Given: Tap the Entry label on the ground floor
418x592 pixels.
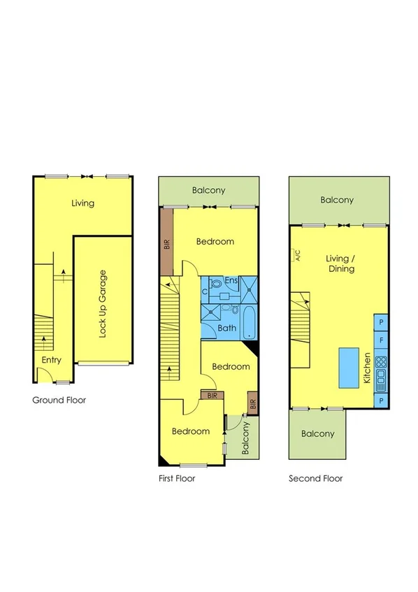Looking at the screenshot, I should pyautogui.click(x=51, y=361).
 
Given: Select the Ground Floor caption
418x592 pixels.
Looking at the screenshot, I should pyautogui.click(x=59, y=400).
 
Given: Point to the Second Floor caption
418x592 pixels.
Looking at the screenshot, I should pyautogui.click(x=316, y=479).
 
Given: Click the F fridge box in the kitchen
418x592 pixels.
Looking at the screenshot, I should pyautogui.click(x=381, y=341).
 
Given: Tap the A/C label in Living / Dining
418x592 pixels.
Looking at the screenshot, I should pyautogui.click(x=296, y=255).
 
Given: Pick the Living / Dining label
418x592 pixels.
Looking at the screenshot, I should pyautogui.click(x=340, y=263).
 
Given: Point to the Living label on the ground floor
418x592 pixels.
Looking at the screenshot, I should pyautogui.click(x=83, y=203).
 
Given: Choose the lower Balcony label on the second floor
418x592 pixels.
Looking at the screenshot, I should pyautogui.click(x=317, y=433).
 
